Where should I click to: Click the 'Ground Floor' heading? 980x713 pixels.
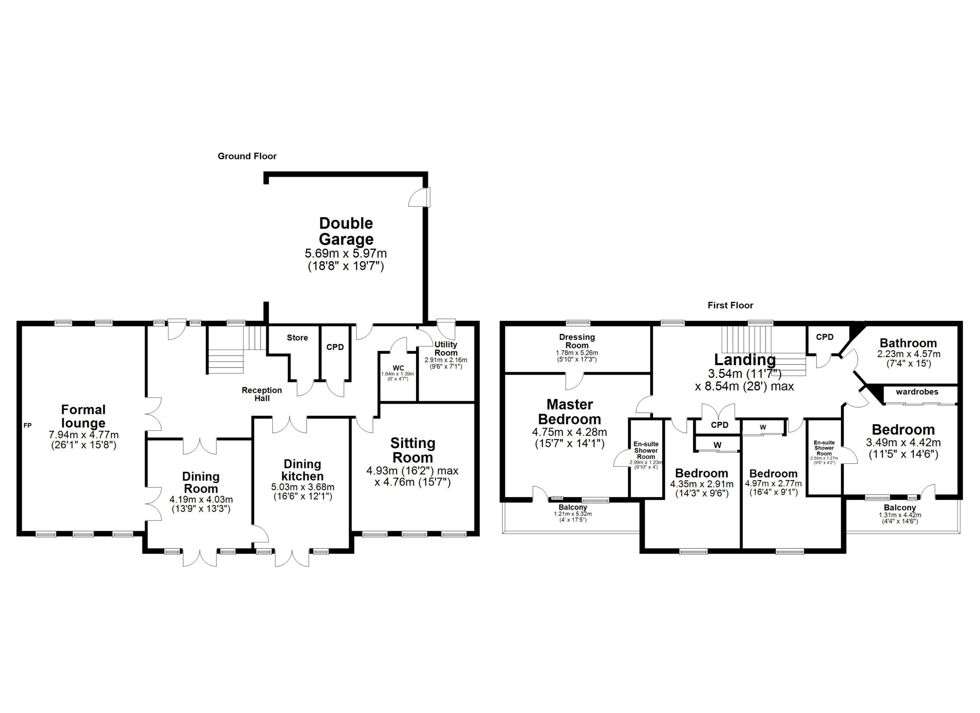(x=247, y=156)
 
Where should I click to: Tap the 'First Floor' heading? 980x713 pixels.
(x=730, y=306)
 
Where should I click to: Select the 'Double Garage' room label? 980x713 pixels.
(x=346, y=231)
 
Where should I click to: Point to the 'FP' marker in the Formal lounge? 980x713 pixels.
(x=27, y=426)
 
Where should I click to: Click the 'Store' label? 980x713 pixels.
(x=297, y=337)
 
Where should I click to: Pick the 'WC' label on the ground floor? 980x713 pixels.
(x=398, y=368)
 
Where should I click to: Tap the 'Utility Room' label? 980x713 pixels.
(x=446, y=348)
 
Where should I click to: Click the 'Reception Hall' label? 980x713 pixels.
(x=262, y=394)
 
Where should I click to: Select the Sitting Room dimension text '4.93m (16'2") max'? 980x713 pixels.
(x=412, y=471)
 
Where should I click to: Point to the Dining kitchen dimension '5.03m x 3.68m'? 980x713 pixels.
(x=302, y=487)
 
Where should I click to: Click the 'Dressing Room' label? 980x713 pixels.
(x=577, y=341)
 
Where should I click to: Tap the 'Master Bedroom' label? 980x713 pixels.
(x=570, y=411)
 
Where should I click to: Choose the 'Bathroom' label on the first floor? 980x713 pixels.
(x=908, y=343)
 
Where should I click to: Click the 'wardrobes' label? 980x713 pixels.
(x=917, y=392)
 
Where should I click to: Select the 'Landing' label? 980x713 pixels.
(x=745, y=360)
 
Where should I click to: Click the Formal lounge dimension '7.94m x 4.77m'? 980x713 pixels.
(x=83, y=435)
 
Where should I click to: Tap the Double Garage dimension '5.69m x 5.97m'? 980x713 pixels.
(x=346, y=253)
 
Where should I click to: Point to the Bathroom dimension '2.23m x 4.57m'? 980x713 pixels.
(x=908, y=354)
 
